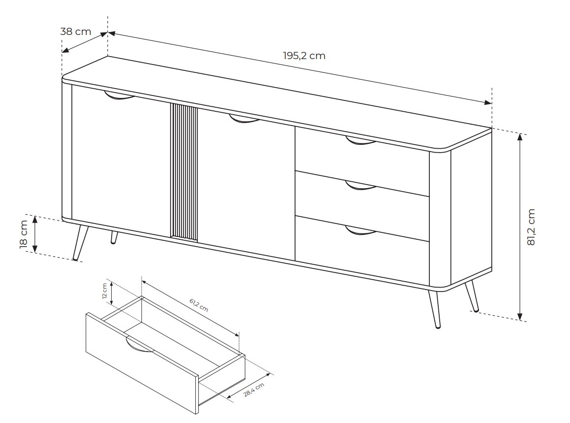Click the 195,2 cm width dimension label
[304, 56]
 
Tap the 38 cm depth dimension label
[76, 32]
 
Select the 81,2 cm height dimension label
[531, 227]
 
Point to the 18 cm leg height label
[23, 234]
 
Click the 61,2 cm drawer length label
[199, 305]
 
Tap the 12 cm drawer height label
[105, 291]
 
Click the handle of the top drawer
[360, 141]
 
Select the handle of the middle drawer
[360, 186]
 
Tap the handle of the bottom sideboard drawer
[360, 230]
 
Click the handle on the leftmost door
[119, 95]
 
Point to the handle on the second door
[244, 119]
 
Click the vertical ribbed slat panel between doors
[184, 172]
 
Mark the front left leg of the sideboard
[80, 242]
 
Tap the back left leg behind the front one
[115, 237]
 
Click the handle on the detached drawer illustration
[139, 346]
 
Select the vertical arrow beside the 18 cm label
[35, 234]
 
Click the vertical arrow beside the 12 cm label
[112, 294]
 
